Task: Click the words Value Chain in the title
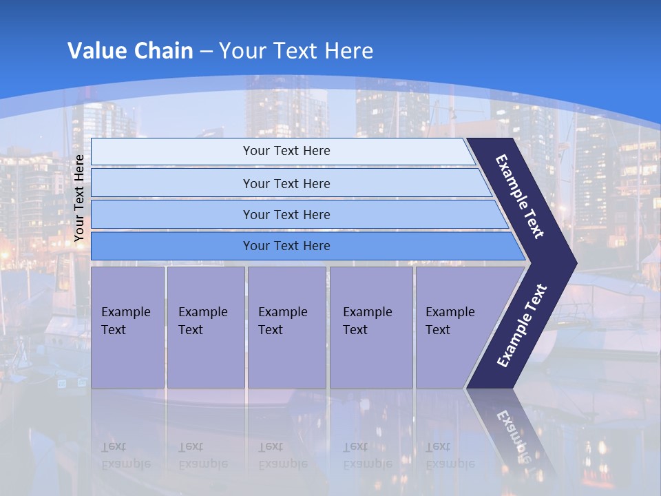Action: (x=130, y=51)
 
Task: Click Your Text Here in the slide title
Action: (x=296, y=51)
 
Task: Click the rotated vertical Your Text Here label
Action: (x=80, y=198)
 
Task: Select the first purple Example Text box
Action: (x=127, y=327)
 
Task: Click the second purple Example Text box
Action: (x=206, y=327)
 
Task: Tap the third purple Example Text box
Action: (x=286, y=327)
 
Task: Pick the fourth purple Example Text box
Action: (x=371, y=327)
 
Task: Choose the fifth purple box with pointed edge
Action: (x=454, y=327)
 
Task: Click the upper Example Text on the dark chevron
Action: (x=520, y=196)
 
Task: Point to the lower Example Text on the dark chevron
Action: (x=521, y=326)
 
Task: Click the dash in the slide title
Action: (x=206, y=52)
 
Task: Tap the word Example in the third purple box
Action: (x=282, y=312)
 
